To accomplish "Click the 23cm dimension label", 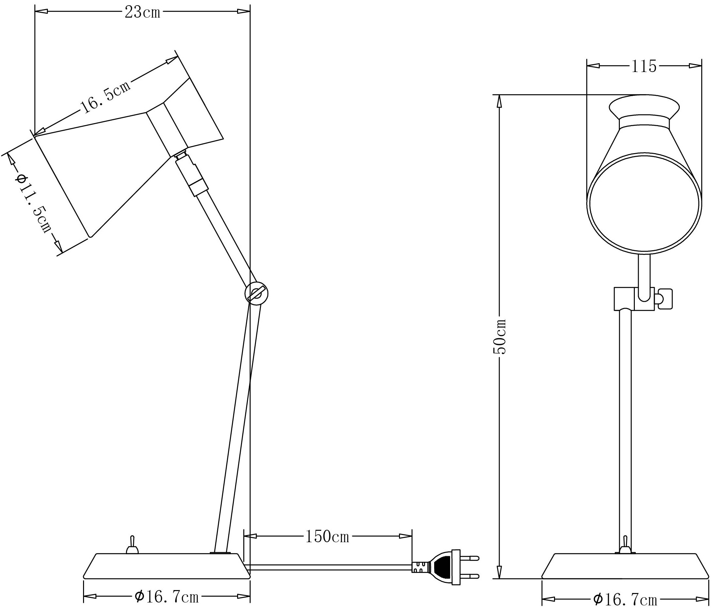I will pos(142,12).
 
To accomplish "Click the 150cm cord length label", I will pos(327,537).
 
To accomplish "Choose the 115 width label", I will pos(643,66).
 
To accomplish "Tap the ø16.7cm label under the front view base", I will pos(625,600).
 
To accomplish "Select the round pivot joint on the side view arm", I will pos(256,294).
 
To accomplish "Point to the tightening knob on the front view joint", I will pos(664,299).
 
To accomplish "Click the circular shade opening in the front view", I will pos(644,203).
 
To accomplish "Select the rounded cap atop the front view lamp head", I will pos(644,107).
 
